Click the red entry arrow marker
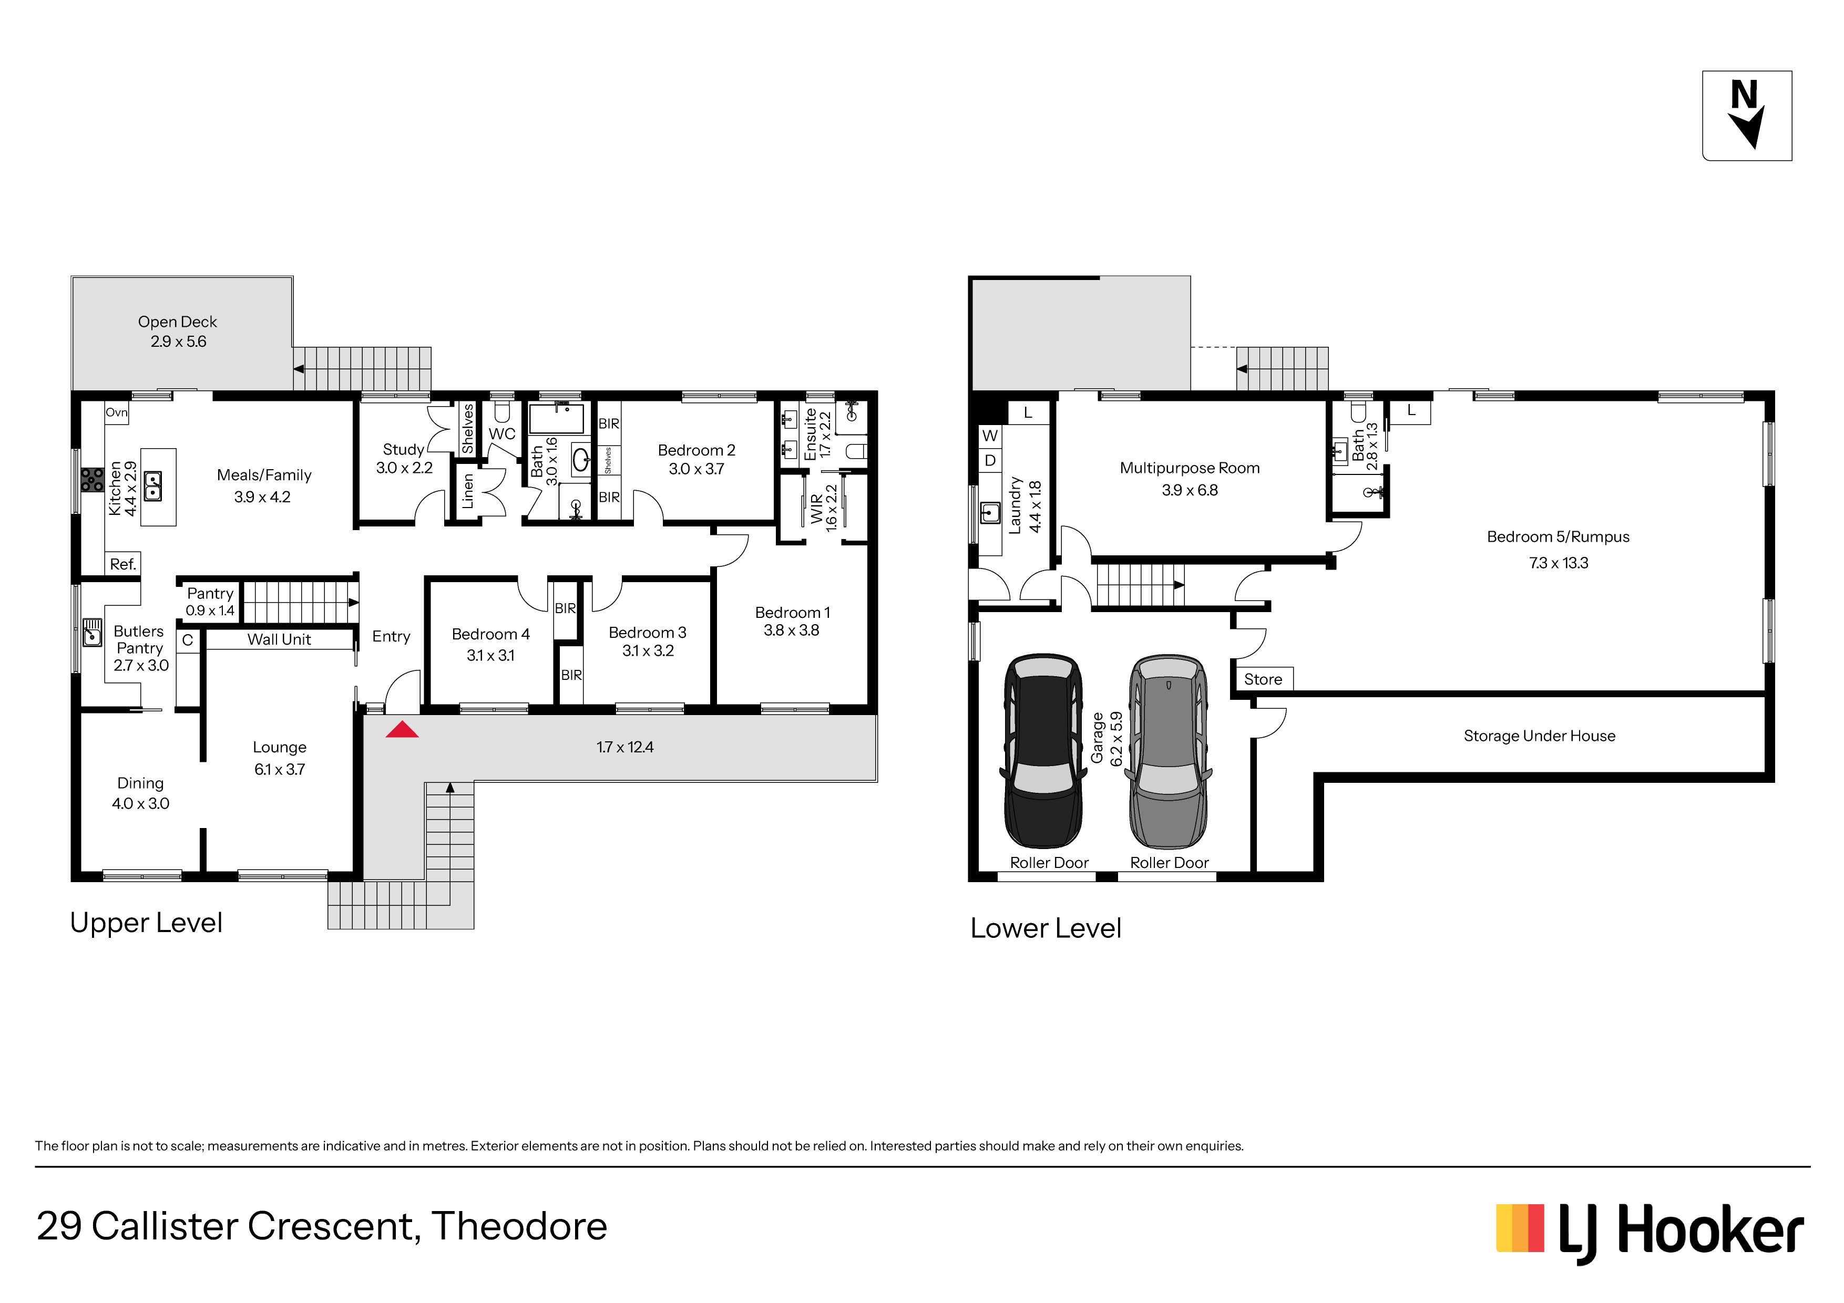click(x=402, y=730)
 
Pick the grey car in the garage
click(x=1168, y=751)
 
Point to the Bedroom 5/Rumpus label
click(x=1558, y=537)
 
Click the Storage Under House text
click(x=1539, y=736)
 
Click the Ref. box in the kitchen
click(x=123, y=564)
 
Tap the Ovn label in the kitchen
click(x=117, y=412)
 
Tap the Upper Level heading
click(x=146, y=923)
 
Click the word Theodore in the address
click(x=519, y=1226)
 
